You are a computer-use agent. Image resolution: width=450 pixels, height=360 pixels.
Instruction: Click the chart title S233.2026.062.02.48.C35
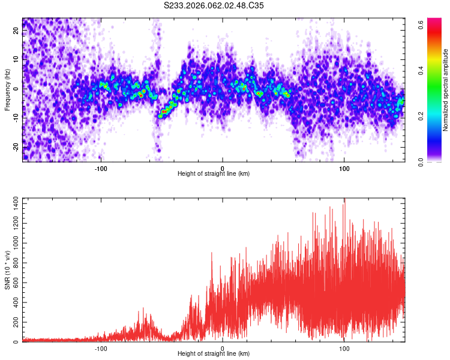tap(214, 5)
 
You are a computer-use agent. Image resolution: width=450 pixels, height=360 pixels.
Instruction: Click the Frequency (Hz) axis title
tap(7, 89)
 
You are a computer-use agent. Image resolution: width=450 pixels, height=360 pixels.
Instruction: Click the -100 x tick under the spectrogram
tap(101, 168)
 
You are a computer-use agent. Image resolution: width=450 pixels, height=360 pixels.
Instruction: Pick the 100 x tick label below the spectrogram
tap(344, 168)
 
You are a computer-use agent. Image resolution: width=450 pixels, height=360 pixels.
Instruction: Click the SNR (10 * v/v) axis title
tap(7, 270)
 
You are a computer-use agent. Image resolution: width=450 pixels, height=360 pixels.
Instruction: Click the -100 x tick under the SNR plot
tap(101, 348)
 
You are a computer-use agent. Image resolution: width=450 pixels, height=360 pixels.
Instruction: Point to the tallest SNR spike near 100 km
tap(344, 200)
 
